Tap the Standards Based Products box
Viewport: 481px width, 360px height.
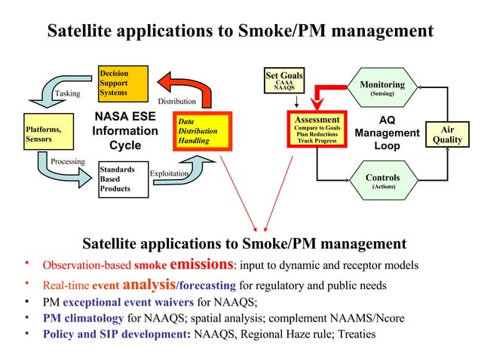click(123, 180)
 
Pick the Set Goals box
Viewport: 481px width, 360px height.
click(284, 81)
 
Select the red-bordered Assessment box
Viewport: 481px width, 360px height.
click(317, 130)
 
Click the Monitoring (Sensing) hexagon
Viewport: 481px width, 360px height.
click(381, 89)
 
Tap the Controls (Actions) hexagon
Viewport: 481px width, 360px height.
click(382, 182)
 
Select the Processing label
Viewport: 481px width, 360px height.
click(67, 162)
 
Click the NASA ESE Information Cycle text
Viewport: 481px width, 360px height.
click(125, 131)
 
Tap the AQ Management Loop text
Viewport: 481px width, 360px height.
click(387, 133)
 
